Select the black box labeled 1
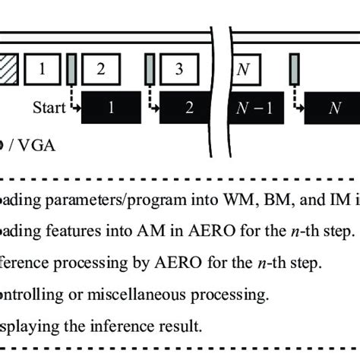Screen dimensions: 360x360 (x=111, y=106)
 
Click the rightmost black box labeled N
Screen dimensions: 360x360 (x=333, y=106)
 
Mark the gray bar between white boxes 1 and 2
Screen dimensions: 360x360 (x=71, y=68)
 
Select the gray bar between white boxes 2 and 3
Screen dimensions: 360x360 (x=150, y=68)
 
